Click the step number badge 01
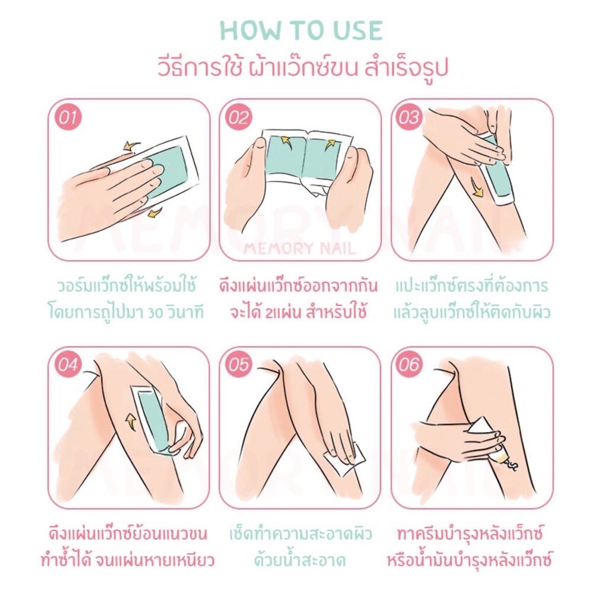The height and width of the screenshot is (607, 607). (x=68, y=117)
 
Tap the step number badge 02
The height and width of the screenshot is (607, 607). (x=238, y=117)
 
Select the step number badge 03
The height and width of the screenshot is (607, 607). (x=410, y=117)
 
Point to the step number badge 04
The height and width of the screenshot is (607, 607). (x=68, y=365)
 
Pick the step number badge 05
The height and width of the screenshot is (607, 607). (x=238, y=365)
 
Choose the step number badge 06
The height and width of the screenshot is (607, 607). (x=410, y=365)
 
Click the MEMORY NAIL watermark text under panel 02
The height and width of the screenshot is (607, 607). (x=299, y=248)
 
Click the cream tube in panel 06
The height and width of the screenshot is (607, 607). (x=488, y=440)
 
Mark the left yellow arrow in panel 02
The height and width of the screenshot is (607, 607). (x=287, y=139)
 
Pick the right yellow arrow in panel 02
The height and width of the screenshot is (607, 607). (x=330, y=144)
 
